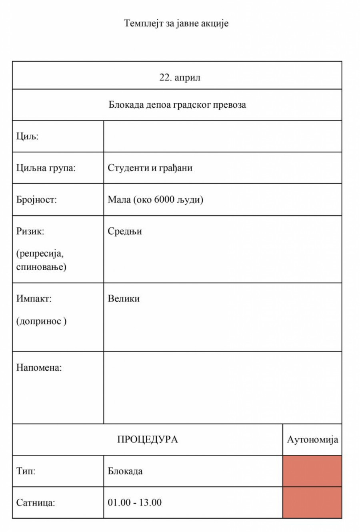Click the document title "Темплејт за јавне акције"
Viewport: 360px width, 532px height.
coord(176,23)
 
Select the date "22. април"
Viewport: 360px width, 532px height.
coord(180,78)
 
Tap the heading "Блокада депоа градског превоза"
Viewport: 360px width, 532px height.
coord(177,105)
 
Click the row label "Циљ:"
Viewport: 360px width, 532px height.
coord(27,137)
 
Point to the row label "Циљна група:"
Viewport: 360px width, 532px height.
coord(46,168)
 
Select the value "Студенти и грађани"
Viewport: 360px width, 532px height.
coord(150,168)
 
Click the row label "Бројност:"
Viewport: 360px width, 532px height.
coord(36,200)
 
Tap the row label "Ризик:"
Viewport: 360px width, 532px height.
coord(30,231)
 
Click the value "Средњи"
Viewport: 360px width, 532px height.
coord(125,231)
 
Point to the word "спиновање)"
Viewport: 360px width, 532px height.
coord(41,267)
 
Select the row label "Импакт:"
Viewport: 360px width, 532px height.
coord(34,299)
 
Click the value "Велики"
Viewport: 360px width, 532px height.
coord(124,299)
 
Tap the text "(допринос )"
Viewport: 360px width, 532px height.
coord(41,321)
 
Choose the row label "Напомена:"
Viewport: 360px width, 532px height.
coord(39,367)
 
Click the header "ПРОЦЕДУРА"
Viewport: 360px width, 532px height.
coord(148,440)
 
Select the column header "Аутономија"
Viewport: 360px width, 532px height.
coord(312,440)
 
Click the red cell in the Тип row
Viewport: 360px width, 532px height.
coord(312,471)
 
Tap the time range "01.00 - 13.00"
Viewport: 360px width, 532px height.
coord(135,502)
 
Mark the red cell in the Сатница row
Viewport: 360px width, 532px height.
coord(312,502)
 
